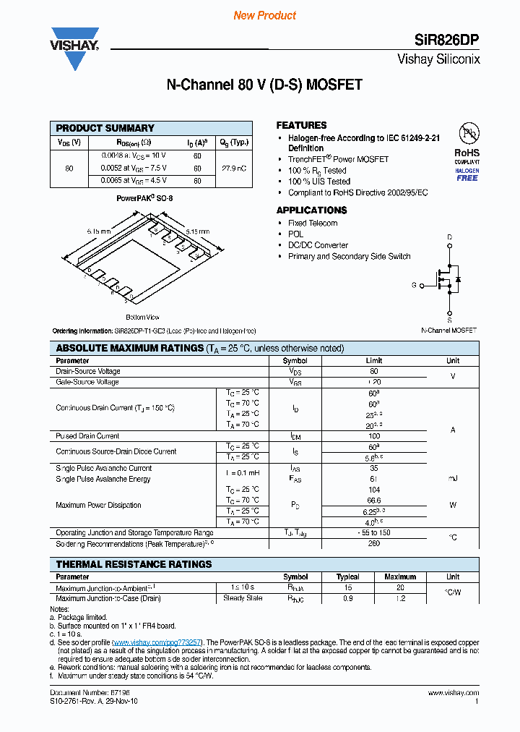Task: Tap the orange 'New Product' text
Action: [264, 15]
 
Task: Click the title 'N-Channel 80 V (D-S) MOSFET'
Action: [264, 85]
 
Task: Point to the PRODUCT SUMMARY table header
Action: [105, 128]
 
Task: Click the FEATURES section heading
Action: [301, 125]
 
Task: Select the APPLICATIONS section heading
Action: [311, 210]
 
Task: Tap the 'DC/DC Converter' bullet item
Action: [318, 245]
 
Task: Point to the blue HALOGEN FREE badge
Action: [467, 174]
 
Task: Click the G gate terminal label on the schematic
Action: [414, 286]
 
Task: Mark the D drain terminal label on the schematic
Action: [449, 237]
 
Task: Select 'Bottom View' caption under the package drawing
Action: [142, 317]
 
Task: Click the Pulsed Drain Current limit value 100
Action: [374, 436]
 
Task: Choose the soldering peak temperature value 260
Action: [374, 543]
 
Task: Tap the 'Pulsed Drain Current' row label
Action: [87, 436]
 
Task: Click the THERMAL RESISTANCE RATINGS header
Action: [134, 564]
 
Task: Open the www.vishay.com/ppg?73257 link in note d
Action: [158, 642]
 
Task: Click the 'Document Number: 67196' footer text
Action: [81, 692]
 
